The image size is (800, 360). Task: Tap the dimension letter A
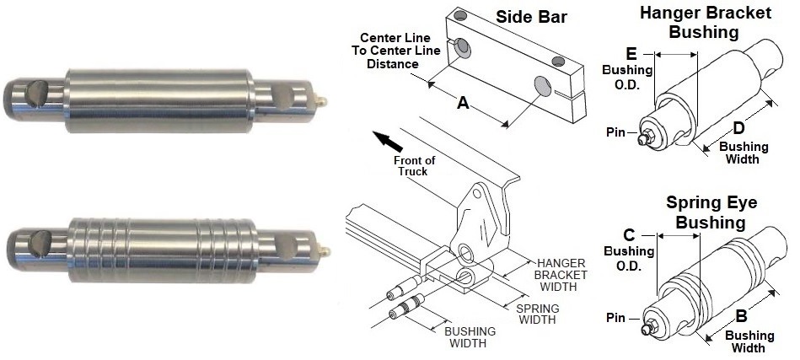462,102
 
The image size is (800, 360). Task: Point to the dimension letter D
738,128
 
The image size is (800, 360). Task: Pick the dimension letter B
741,317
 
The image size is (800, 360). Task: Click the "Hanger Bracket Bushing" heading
703,23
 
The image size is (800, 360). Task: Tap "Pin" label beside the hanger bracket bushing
616,132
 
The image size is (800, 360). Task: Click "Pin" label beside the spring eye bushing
616,318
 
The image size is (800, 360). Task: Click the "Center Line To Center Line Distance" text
395,51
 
